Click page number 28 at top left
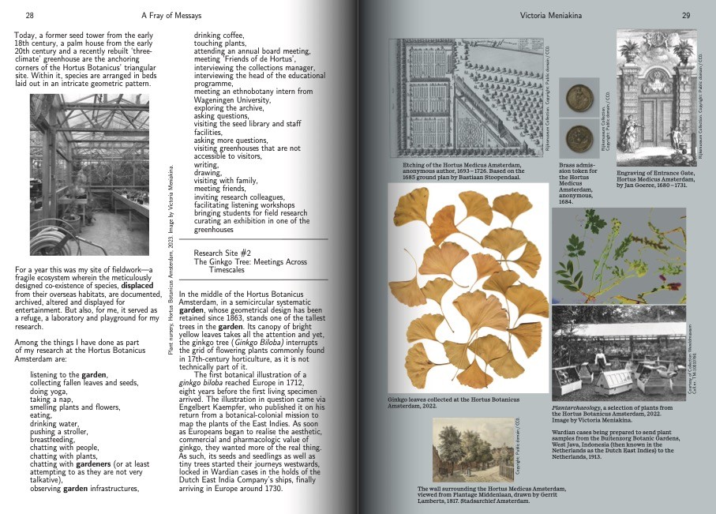click(29, 15)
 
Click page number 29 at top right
click(686, 15)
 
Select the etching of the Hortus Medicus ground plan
click(472, 96)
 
